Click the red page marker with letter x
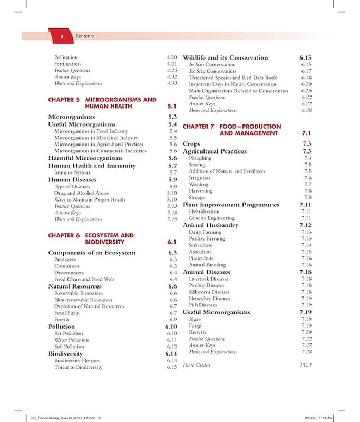tap(62, 36)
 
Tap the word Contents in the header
tap(85, 36)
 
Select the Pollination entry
tap(66, 57)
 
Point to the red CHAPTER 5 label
tap(63, 99)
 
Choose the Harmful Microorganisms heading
tap(85, 158)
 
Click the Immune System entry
tap(72, 172)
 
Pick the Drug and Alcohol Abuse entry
tap(81, 193)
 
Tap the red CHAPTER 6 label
tap(63, 235)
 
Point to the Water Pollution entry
tap(72, 340)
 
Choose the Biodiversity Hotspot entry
tap(78, 360)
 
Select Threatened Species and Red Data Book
tap(232, 78)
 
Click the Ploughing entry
tap(200, 158)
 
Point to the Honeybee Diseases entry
tap(210, 299)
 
